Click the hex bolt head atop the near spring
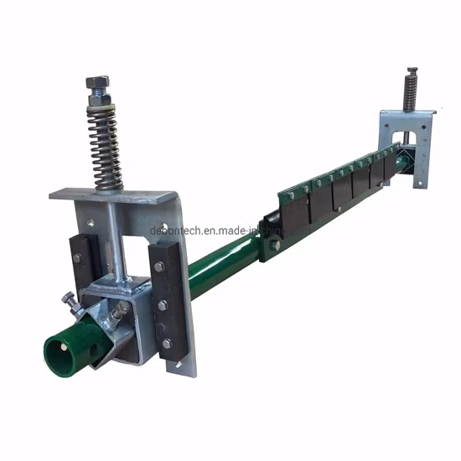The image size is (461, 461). (x=97, y=84)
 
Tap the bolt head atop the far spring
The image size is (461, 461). (x=412, y=73)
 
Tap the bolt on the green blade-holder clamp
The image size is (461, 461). (x=274, y=246)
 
